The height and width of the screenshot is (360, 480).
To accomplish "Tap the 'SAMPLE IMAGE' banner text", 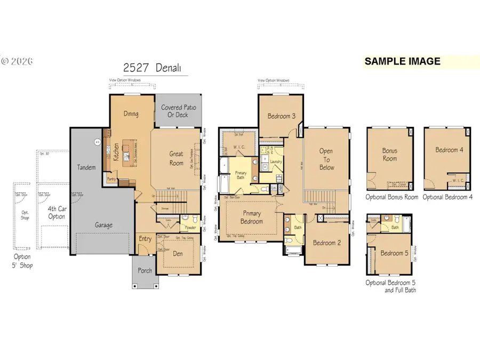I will (402, 61).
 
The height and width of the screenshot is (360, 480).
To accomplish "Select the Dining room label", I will (131, 114).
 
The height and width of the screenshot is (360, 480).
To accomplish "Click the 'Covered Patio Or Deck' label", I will (179, 111).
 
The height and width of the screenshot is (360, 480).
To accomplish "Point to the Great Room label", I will (176, 158).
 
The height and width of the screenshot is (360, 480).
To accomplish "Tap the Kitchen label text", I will (115, 151).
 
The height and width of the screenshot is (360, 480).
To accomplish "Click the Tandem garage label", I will (86, 167).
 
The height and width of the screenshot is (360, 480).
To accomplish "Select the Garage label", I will (103, 225).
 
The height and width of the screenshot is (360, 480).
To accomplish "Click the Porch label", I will (144, 270).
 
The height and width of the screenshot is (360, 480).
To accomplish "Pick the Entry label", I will (145, 239).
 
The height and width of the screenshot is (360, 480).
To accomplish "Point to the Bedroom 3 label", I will (282, 116).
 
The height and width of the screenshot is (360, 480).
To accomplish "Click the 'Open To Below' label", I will (326, 159).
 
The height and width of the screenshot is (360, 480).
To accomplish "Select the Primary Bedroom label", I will (251, 217).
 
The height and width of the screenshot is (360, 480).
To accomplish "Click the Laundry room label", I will (276, 162).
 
